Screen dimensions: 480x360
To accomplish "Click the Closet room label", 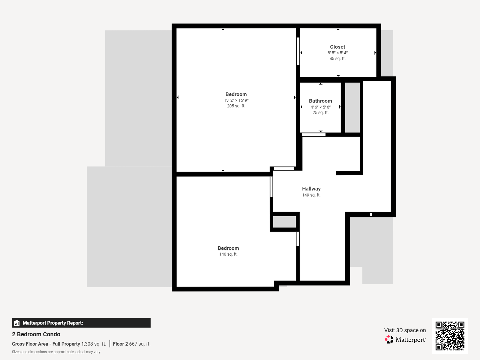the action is [337, 47].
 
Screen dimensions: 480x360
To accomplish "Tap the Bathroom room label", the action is [320, 101].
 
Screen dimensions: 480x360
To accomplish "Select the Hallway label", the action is [311, 189].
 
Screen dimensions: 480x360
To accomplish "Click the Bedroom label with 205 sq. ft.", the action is [236, 94].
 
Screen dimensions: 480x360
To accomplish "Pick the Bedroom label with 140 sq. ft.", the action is [228, 248].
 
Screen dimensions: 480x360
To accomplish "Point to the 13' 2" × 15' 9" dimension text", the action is [236, 100].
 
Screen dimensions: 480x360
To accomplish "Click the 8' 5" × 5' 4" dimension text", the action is [337, 53].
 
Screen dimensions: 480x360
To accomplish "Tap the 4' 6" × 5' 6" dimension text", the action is [320, 107].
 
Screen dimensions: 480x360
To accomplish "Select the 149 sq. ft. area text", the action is [311, 195].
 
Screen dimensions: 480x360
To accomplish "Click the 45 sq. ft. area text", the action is [337, 59].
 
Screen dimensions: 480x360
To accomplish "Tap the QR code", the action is [450, 336].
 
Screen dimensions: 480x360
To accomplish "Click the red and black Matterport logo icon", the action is [389, 339].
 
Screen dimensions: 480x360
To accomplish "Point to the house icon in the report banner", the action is [17, 323].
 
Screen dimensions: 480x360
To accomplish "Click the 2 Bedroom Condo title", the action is [36, 334].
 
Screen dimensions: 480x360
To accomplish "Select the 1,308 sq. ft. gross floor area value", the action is [94, 344].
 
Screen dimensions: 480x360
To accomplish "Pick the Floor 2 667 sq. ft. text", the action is [132, 344].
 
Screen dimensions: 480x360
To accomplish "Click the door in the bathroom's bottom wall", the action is [314, 135].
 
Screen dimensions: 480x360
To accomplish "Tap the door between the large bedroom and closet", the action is [298, 51].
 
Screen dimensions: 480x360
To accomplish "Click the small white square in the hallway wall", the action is [371, 214].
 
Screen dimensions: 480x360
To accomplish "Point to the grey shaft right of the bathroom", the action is [352, 107].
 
